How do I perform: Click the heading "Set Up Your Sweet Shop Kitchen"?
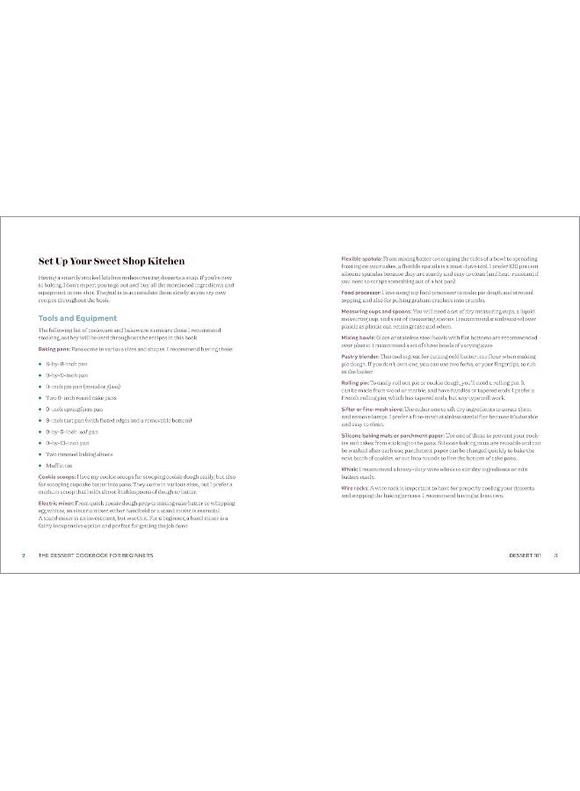111,261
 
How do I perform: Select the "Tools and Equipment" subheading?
78,317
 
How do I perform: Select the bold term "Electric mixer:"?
56,504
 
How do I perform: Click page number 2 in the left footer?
23,555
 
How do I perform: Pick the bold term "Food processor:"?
359,291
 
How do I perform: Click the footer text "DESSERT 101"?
524,555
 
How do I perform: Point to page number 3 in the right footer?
556,555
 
